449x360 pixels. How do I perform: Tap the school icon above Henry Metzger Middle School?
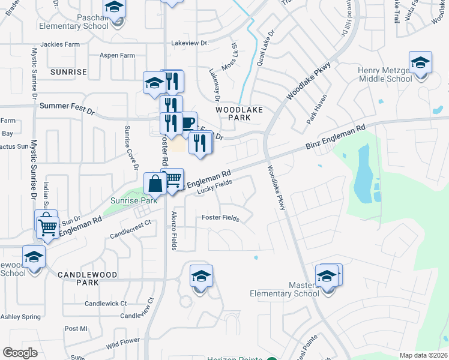[420, 62]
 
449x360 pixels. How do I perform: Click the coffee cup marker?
[188, 122]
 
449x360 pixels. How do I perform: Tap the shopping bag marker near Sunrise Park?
[155, 183]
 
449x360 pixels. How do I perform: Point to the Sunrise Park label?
[133, 200]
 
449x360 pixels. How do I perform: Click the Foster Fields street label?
[220, 218]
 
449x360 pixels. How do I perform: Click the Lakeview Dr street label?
[189, 43]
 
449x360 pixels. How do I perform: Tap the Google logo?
[20, 353]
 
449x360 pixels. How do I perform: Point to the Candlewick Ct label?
[106, 304]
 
